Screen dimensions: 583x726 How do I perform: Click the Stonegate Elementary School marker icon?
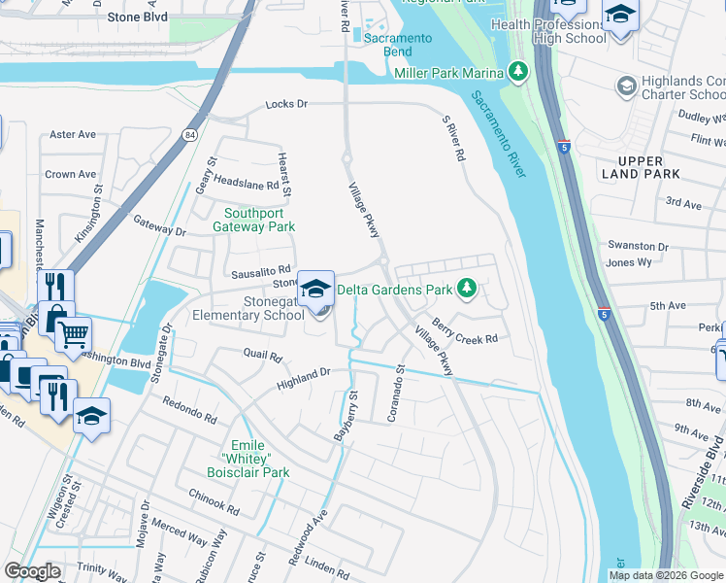click(315, 289)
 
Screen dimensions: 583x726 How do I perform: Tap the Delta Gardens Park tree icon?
click(467, 289)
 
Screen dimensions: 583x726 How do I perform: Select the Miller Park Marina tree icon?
click(519, 72)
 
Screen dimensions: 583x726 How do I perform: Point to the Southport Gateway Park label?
click(259, 220)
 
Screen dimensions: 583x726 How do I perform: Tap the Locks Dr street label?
click(287, 103)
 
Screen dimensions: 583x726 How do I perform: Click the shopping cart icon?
click(73, 335)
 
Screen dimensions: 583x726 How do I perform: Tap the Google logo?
click(32, 571)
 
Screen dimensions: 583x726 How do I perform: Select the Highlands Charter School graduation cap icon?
click(626, 87)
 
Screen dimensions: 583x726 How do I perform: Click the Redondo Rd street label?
click(189, 410)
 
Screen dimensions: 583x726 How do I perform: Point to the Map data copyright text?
click(665, 574)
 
